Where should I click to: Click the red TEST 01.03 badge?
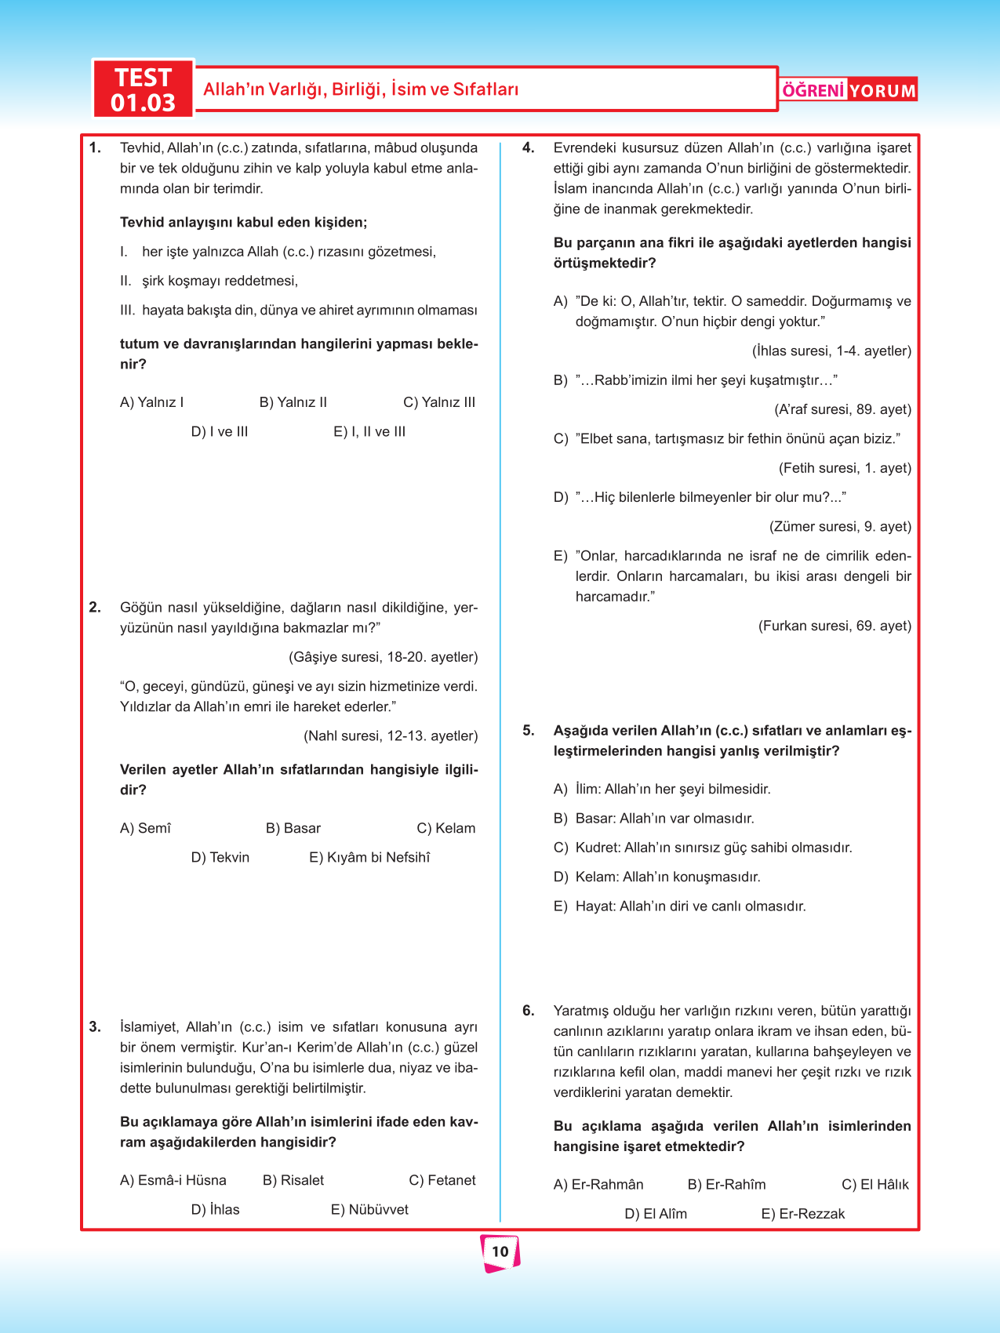pyautogui.click(x=143, y=89)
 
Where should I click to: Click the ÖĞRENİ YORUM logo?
pyautogui.click(x=849, y=90)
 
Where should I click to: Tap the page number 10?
pyautogui.click(x=500, y=1251)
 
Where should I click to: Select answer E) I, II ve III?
pyautogui.click(x=369, y=432)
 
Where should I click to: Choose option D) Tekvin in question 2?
pyautogui.click(x=220, y=858)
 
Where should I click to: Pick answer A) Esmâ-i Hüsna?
pyautogui.click(x=173, y=1181)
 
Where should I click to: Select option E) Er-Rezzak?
pyautogui.click(x=803, y=1215)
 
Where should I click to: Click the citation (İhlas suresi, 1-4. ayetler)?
pyautogui.click(x=831, y=351)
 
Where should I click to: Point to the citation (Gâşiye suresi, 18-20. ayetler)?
pyautogui.click(x=383, y=657)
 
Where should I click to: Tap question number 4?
pyautogui.click(x=529, y=148)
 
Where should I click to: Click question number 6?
pyautogui.click(x=529, y=1011)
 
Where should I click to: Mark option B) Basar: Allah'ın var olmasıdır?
pyautogui.click(x=654, y=819)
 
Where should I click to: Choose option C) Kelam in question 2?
pyautogui.click(x=445, y=829)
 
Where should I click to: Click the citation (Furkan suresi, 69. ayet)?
pyautogui.click(x=835, y=627)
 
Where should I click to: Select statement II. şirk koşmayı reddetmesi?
pyautogui.click(x=209, y=281)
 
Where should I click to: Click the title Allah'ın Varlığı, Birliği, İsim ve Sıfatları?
pyautogui.click(x=361, y=89)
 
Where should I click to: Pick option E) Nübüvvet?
pyautogui.click(x=369, y=1210)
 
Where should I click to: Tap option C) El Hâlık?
pyautogui.click(x=875, y=1185)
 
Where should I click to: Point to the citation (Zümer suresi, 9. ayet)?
pyautogui.click(x=840, y=527)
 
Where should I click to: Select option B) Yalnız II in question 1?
pyautogui.click(x=293, y=403)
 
